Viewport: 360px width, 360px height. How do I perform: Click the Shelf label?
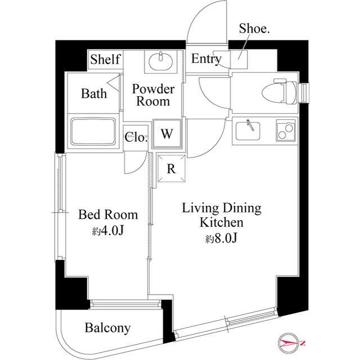click(x=105, y=59)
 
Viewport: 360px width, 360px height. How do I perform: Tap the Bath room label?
click(x=93, y=93)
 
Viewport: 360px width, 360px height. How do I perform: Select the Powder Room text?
click(x=153, y=95)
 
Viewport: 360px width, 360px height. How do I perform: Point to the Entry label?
click(x=206, y=59)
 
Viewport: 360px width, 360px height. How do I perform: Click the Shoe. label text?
click(x=254, y=29)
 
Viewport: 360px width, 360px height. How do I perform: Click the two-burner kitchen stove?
click(x=285, y=131)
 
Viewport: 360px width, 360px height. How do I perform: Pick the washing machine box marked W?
click(x=166, y=134)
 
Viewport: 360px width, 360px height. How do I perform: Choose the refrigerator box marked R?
click(x=169, y=168)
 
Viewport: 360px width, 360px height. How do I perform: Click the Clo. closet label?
click(x=136, y=137)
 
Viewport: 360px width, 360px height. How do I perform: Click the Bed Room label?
click(x=108, y=214)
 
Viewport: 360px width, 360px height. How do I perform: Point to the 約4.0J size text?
click(x=108, y=230)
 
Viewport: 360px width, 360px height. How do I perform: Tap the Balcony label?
click(x=108, y=328)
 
